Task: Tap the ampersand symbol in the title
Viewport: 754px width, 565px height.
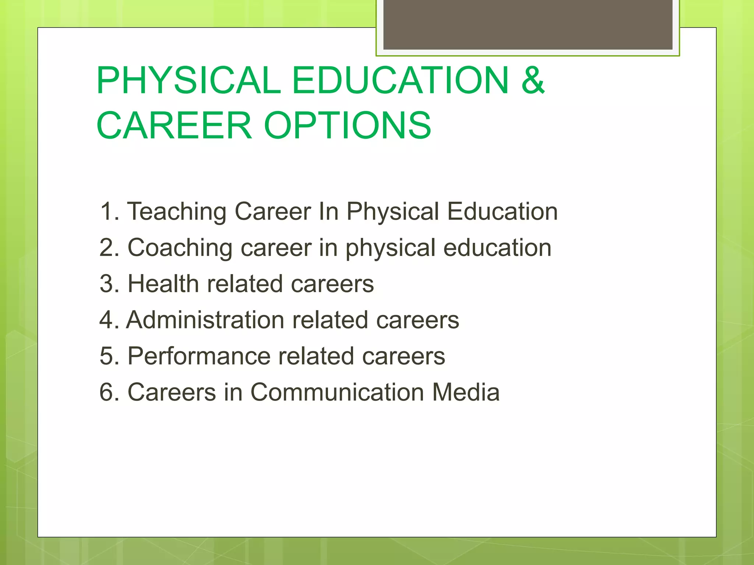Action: coord(532,80)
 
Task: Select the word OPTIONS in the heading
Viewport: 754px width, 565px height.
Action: coord(348,125)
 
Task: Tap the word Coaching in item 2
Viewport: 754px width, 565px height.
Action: coord(180,248)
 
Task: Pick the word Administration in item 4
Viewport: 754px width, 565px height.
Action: coord(205,320)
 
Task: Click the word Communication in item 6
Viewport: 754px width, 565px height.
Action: coord(338,392)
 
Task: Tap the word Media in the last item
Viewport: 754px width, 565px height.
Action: coord(466,392)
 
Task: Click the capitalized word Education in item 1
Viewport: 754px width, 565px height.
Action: coord(503,212)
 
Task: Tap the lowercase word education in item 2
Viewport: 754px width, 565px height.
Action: coord(497,248)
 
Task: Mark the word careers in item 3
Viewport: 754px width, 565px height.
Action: coord(332,284)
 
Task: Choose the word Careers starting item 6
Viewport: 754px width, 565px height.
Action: coord(172,392)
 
